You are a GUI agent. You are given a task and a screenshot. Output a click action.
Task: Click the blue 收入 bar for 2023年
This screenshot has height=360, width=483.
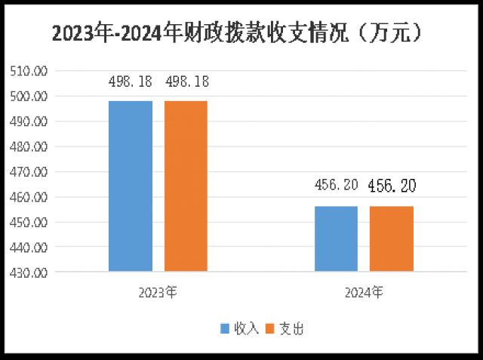click(131, 186)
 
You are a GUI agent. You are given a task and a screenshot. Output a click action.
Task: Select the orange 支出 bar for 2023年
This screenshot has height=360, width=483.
click(186, 186)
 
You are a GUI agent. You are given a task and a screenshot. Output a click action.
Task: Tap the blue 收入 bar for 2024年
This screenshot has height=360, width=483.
click(336, 238)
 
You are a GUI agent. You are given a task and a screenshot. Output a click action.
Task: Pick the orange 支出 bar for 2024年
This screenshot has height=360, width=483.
click(392, 238)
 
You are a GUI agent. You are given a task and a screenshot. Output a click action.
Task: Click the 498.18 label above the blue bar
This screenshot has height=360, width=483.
click(130, 81)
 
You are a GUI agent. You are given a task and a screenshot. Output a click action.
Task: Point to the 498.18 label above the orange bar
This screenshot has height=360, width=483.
click(187, 81)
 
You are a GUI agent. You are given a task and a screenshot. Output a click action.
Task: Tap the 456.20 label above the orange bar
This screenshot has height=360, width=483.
click(392, 186)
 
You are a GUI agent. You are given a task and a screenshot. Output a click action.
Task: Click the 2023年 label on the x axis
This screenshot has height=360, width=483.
click(158, 291)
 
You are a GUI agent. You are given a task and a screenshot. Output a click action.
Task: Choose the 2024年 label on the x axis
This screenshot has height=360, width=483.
click(364, 291)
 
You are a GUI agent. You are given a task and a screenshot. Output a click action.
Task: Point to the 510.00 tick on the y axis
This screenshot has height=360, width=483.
click(28, 71)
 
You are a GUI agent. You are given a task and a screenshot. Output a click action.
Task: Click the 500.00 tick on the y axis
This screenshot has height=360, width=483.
click(28, 96)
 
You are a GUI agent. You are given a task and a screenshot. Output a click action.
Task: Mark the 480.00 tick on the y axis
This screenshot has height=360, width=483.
click(28, 146)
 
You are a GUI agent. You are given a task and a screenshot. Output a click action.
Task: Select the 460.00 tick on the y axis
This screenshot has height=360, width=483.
click(28, 197)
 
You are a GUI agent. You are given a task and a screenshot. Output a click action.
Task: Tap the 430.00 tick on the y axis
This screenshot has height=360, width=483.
click(28, 272)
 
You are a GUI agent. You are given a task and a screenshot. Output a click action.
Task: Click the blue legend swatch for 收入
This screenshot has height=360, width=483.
click(225, 328)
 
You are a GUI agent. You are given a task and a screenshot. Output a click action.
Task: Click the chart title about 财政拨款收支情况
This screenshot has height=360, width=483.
click(241, 32)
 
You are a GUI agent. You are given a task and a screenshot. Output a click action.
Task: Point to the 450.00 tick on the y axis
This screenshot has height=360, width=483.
click(28, 222)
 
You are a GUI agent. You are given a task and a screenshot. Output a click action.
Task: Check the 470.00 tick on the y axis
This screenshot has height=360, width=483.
click(28, 171)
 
